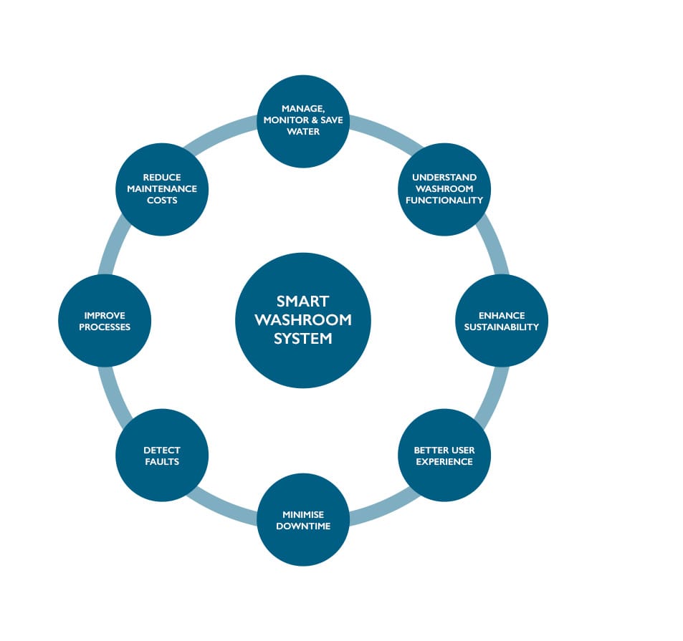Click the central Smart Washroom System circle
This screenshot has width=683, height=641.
click(x=303, y=320)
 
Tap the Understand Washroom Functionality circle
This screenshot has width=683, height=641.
click(x=444, y=189)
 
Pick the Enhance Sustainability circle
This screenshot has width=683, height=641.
click(x=502, y=320)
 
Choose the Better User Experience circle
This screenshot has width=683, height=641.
click(x=444, y=456)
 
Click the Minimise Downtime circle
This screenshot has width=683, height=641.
click(x=303, y=519)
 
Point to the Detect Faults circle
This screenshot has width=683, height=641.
click(x=162, y=456)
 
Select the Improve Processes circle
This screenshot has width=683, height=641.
click(x=105, y=320)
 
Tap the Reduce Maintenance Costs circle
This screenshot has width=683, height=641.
click(x=162, y=189)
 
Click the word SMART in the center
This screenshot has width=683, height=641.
click(x=303, y=302)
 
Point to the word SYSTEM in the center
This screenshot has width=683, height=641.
click(x=303, y=339)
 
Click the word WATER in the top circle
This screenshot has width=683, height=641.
click(x=303, y=132)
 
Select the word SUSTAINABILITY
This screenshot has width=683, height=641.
click(x=502, y=327)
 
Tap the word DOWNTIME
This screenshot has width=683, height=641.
click(x=303, y=526)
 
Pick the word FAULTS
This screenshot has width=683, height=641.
click(x=162, y=462)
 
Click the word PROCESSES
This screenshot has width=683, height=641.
click(x=105, y=327)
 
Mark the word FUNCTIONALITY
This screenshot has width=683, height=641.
click(x=444, y=201)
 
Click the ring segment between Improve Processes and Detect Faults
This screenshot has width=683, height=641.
click(x=116, y=390)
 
